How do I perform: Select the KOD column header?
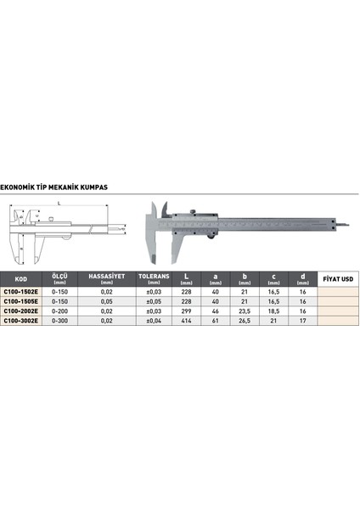(x=21, y=278)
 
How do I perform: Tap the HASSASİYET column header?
(x=107, y=278)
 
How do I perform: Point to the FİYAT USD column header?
(x=337, y=278)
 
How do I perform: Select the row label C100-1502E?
(x=20, y=291)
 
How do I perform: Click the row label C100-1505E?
(x=20, y=301)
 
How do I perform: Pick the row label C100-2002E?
(x=20, y=311)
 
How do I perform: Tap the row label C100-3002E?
(x=20, y=322)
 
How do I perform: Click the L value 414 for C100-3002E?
(x=187, y=322)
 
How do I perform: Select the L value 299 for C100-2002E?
(x=187, y=311)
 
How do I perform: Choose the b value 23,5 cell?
(x=244, y=311)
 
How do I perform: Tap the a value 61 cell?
(x=215, y=322)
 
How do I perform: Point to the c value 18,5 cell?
(x=273, y=311)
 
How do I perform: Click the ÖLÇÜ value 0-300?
(x=60, y=322)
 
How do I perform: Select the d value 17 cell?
(x=301, y=322)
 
